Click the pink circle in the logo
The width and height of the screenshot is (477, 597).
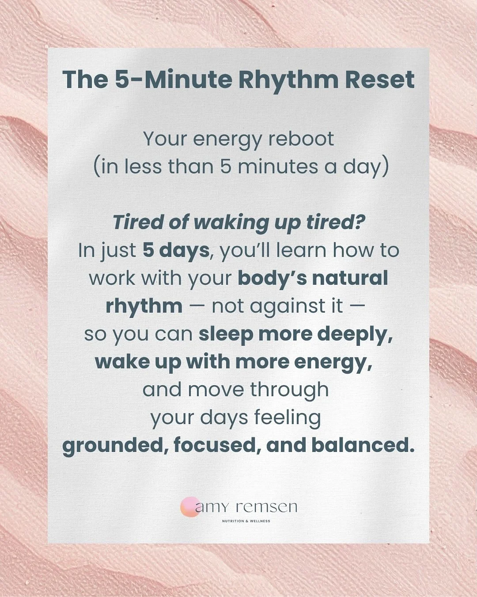[x=189, y=507]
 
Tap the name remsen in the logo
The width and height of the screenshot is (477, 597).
[x=266, y=507]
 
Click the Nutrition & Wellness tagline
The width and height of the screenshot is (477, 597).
[x=246, y=521]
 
